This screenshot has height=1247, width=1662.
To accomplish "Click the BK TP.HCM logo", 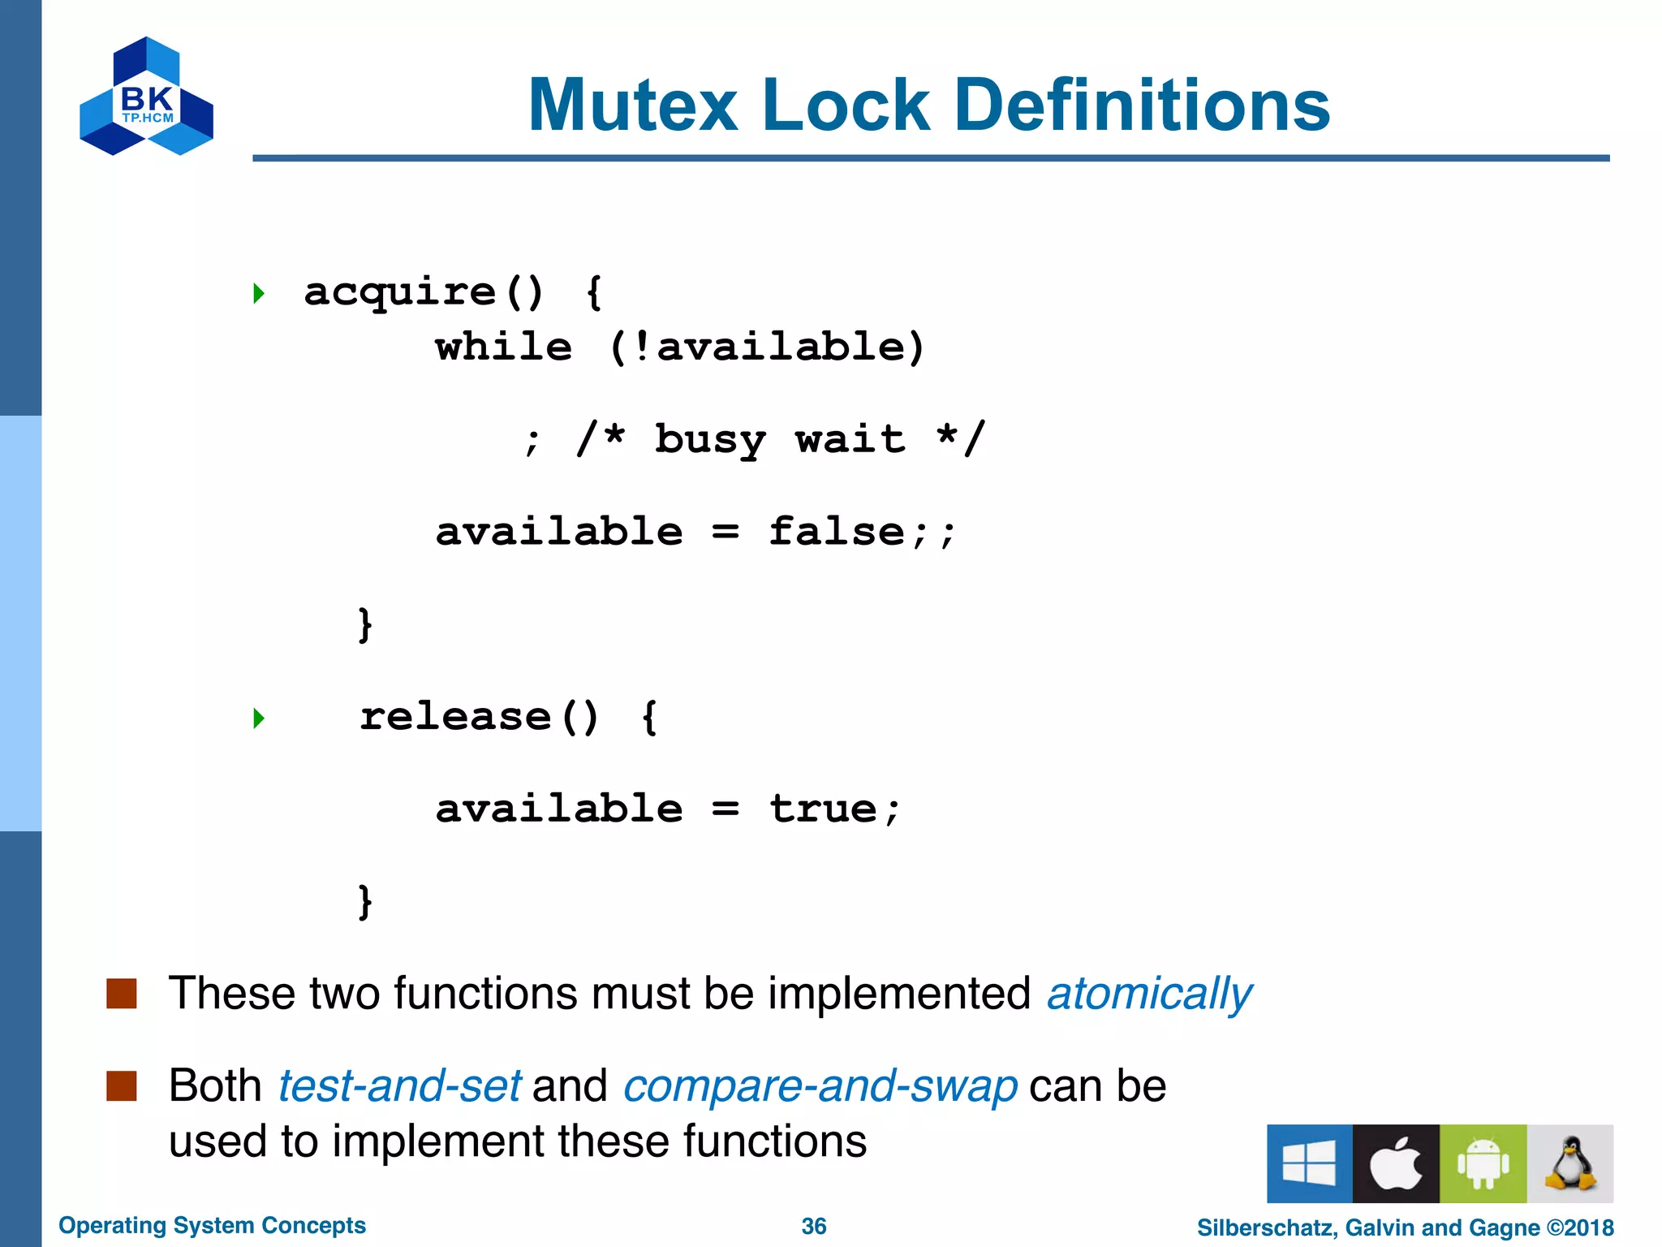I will tap(147, 96).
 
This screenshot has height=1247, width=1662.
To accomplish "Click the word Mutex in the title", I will tap(633, 106).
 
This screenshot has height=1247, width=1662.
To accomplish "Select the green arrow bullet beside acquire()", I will tap(259, 293).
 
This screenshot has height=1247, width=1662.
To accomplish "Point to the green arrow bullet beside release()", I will tap(259, 718).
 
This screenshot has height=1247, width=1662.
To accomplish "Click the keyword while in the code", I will tap(504, 347).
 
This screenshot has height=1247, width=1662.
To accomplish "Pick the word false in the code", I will tap(837, 533).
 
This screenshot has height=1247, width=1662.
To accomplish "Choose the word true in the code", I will tap(823, 809).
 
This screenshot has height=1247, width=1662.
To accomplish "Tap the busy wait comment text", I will tap(779, 440).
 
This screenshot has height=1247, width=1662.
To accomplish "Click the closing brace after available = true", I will tap(365, 902).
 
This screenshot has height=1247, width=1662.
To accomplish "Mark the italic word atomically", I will tap(1149, 994).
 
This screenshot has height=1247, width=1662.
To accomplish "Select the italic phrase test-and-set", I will tap(399, 1086).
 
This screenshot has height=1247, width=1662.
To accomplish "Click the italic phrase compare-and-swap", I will tap(820, 1086).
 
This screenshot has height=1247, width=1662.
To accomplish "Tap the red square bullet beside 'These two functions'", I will tap(122, 993).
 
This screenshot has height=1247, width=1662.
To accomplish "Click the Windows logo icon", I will tap(1309, 1163).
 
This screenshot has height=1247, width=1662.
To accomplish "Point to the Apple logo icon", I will tap(1396, 1163).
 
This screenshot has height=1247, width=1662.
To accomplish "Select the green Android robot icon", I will tap(1483, 1163).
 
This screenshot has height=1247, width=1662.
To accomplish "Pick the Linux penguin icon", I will tap(1570, 1163).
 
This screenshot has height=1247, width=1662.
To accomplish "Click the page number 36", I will tap(813, 1226).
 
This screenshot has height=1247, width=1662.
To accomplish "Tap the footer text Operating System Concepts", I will tap(212, 1225).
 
